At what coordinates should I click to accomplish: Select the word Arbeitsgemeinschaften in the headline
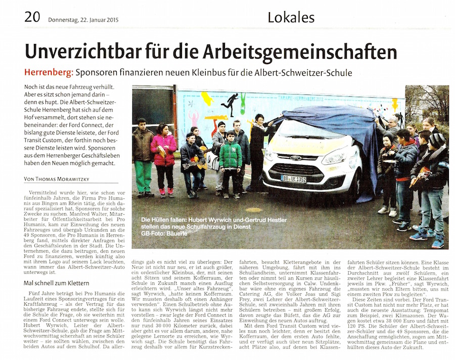[x=300, y=53]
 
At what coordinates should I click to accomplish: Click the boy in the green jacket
[x=231, y=157]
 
